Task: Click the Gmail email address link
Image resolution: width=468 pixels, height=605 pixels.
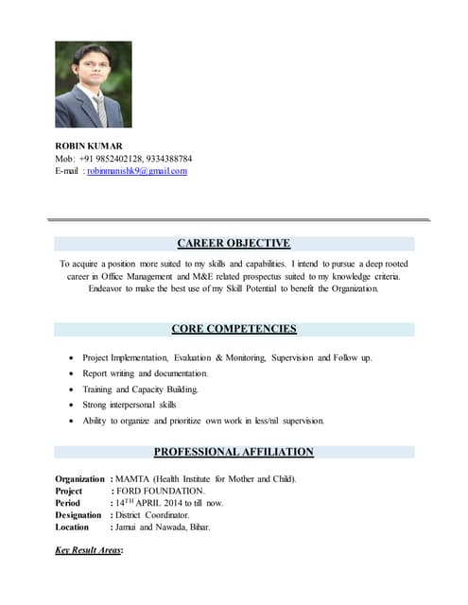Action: (137, 171)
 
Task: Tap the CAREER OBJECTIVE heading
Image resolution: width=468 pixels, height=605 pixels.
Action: (234, 243)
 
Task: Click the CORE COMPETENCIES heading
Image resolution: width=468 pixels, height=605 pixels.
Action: (234, 329)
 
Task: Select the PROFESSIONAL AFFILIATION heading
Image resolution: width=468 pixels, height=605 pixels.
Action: (234, 452)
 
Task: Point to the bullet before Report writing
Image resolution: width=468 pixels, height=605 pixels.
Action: (74, 374)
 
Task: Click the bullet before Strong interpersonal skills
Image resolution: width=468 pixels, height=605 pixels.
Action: (74, 406)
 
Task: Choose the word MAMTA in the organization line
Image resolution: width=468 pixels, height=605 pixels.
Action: (136, 479)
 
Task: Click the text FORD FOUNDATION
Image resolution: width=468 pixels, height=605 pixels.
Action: (160, 492)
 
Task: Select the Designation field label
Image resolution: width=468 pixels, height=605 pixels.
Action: (80, 515)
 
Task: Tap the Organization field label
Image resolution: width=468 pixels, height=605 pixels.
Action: (81, 479)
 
